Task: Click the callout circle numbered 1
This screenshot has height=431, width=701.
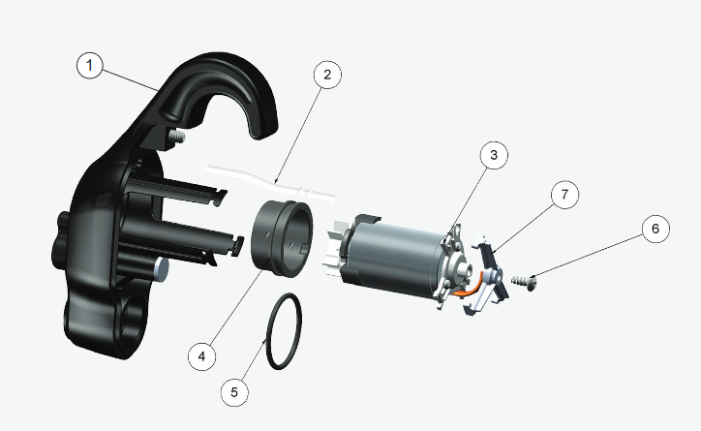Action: [90, 66]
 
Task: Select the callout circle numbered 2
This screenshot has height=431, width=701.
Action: [327, 75]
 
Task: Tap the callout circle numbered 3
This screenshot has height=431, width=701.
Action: [493, 154]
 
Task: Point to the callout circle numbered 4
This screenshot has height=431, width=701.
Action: [201, 355]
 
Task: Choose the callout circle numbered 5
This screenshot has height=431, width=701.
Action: [234, 391]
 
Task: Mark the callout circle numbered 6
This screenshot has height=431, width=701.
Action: [654, 229]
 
